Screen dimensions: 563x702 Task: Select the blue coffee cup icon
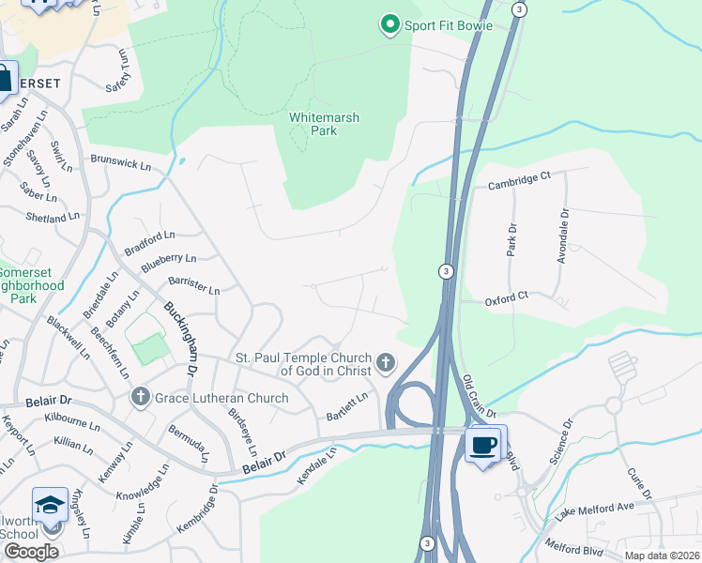point(484,445)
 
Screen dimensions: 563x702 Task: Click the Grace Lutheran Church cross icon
point(141,398)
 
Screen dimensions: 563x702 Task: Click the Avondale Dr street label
point(563,236)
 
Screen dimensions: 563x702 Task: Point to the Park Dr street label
point(511,239)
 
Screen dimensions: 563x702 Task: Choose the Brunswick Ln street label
point(120,163)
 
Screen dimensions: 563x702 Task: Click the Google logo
point(30,552)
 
